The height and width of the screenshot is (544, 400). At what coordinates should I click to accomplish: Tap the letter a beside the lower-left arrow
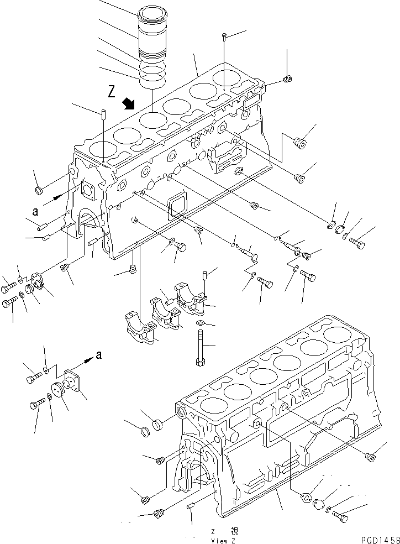(x=98, y=355)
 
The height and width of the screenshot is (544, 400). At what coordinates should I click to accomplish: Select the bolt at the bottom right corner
(x=340, y=517)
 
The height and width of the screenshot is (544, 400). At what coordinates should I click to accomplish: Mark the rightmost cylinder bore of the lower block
(x=336, y=334)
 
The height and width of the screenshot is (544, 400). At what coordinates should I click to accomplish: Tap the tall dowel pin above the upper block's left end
(x=103, y=114)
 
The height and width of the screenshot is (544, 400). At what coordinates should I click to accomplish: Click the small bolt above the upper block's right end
(x=223, y=36)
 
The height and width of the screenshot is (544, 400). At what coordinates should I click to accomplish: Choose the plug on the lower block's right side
(x=370, y=456)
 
